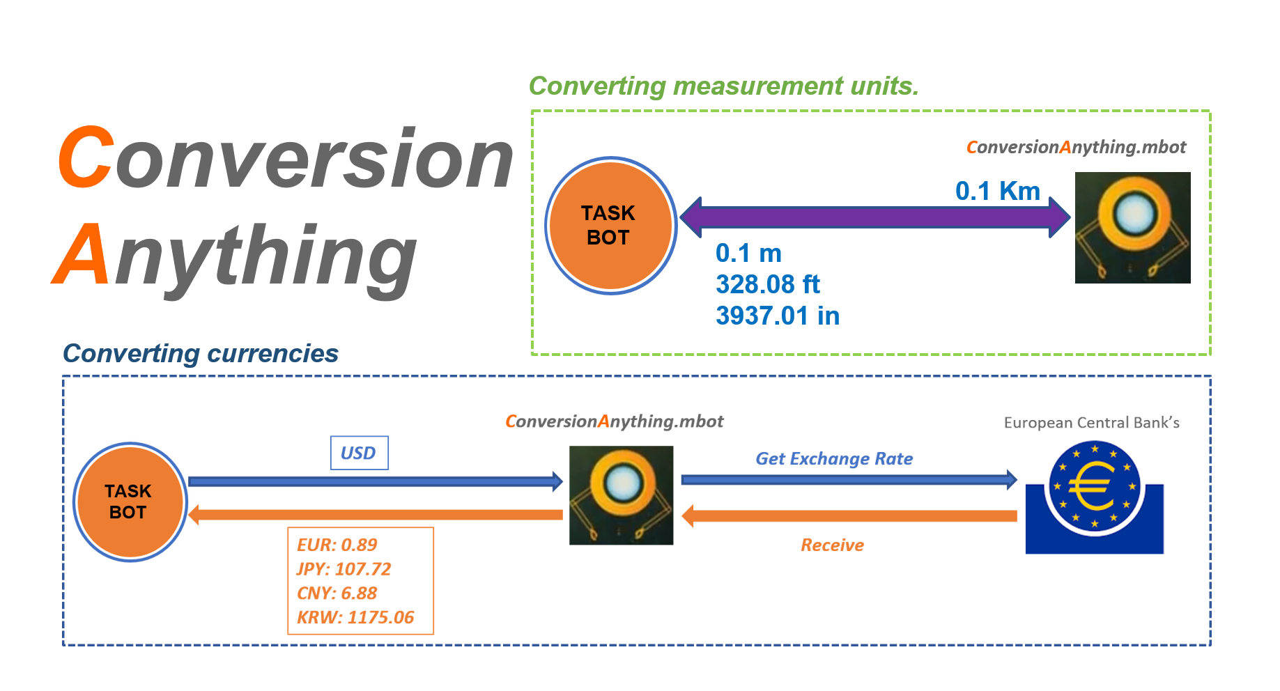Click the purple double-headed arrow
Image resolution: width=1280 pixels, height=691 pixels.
point(874,217)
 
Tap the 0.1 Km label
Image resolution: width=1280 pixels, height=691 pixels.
point(997,191)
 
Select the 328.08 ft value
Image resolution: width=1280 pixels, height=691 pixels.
point(767,284)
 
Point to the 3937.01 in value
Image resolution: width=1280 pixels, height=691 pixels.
point(777,316)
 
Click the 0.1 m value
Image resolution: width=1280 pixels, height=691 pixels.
point(748,253)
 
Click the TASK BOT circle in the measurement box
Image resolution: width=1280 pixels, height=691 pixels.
point(610,225)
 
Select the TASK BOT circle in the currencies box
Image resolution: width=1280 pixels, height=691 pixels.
point(130,502)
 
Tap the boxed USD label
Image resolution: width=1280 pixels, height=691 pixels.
point(359,453)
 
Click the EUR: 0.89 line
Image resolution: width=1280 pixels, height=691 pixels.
point(337,545)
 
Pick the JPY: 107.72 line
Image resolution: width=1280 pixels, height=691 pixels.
point(344,569)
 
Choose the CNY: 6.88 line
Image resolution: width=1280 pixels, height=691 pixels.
point(337,593)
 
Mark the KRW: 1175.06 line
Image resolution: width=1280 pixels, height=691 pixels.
point(355,618)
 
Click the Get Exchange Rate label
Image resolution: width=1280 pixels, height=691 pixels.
point(834,459)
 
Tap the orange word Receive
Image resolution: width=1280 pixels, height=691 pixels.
point(832,545)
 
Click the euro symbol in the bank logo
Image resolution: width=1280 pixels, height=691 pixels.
point(1091,487)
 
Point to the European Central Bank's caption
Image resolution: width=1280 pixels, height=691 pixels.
point(1091,423)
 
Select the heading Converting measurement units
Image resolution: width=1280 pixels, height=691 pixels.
point(723,86)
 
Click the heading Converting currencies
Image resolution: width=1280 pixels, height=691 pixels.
point(201,354)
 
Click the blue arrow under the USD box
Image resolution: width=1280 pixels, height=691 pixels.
point(375,481)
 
